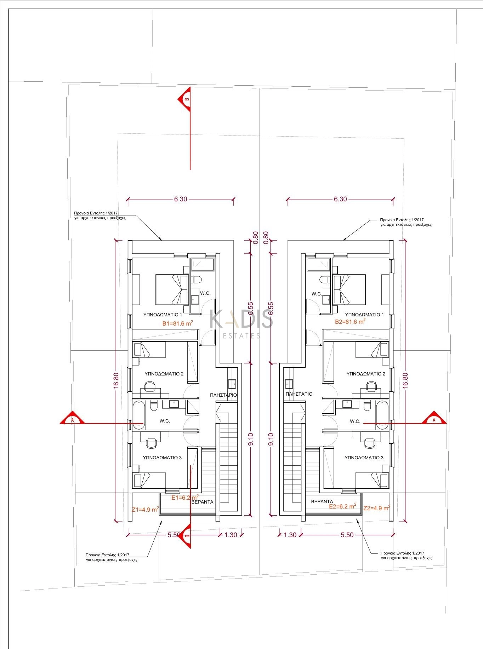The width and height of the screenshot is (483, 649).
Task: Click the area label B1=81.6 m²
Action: pos(177,323)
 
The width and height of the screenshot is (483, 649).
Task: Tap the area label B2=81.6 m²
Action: pos(350,322)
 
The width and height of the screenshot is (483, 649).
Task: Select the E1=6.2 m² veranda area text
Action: pos(185,497)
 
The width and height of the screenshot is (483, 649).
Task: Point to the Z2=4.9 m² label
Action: pos(377,508)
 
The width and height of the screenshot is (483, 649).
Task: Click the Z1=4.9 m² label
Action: pos(145,510)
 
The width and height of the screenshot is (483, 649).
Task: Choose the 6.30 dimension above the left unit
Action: pos(180,199)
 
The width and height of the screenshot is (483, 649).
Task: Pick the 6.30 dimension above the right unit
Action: pos(340,199)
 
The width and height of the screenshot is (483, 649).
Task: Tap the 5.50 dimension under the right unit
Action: pos(347,535)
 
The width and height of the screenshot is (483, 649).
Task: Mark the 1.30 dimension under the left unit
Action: pos(231,535)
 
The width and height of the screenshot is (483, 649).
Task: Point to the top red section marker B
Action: pos(184,99)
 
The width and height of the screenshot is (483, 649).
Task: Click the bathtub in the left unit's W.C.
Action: pos(138,415)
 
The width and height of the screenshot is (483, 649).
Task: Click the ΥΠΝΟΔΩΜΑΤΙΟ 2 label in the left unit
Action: pos(164,374)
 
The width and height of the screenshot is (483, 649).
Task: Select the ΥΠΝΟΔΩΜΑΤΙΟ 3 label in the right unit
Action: pos(364,458)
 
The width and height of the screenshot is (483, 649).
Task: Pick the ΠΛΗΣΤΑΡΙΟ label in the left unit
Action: pos(223,395)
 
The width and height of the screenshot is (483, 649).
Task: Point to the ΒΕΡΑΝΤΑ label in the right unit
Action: pos(322,501)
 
